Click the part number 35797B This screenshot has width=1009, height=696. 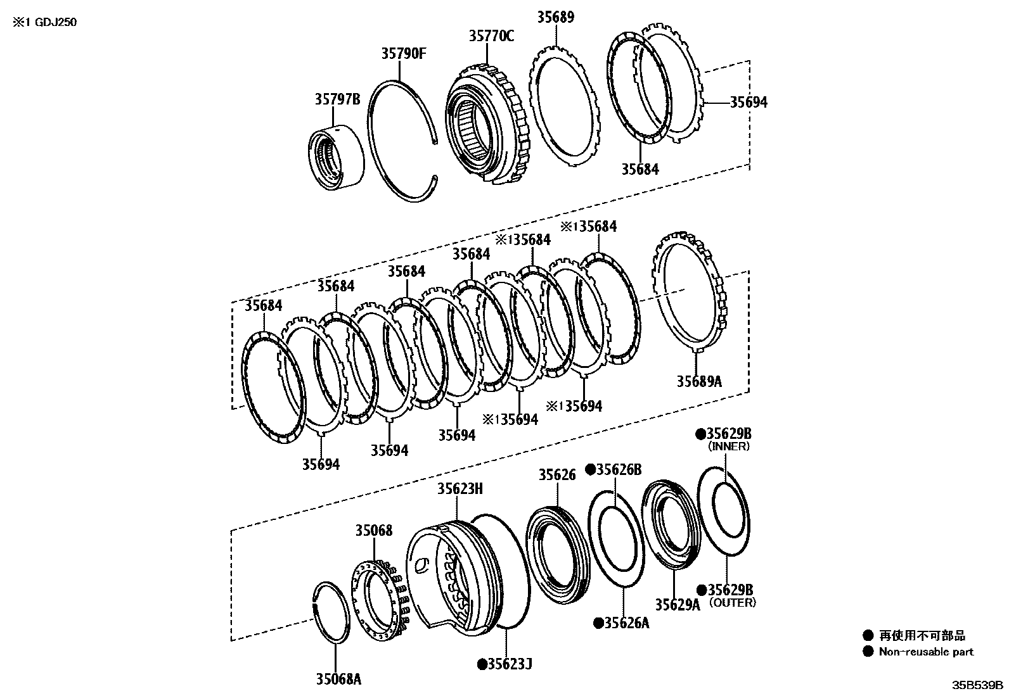(337, 99)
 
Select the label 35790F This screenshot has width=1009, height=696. (402, 53)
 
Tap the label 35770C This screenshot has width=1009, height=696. (491, 36)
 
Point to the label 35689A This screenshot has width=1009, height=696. (698, 381)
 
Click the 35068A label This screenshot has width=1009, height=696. (338, 680)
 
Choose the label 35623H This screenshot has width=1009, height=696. (460, 488)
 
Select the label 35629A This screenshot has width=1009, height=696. (677, 604)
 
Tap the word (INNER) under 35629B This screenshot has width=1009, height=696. (728, 446)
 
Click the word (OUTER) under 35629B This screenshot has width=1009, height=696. (732, 602)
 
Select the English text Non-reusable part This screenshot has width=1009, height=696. (925, 652)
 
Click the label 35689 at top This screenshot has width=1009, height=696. (555, 17)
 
